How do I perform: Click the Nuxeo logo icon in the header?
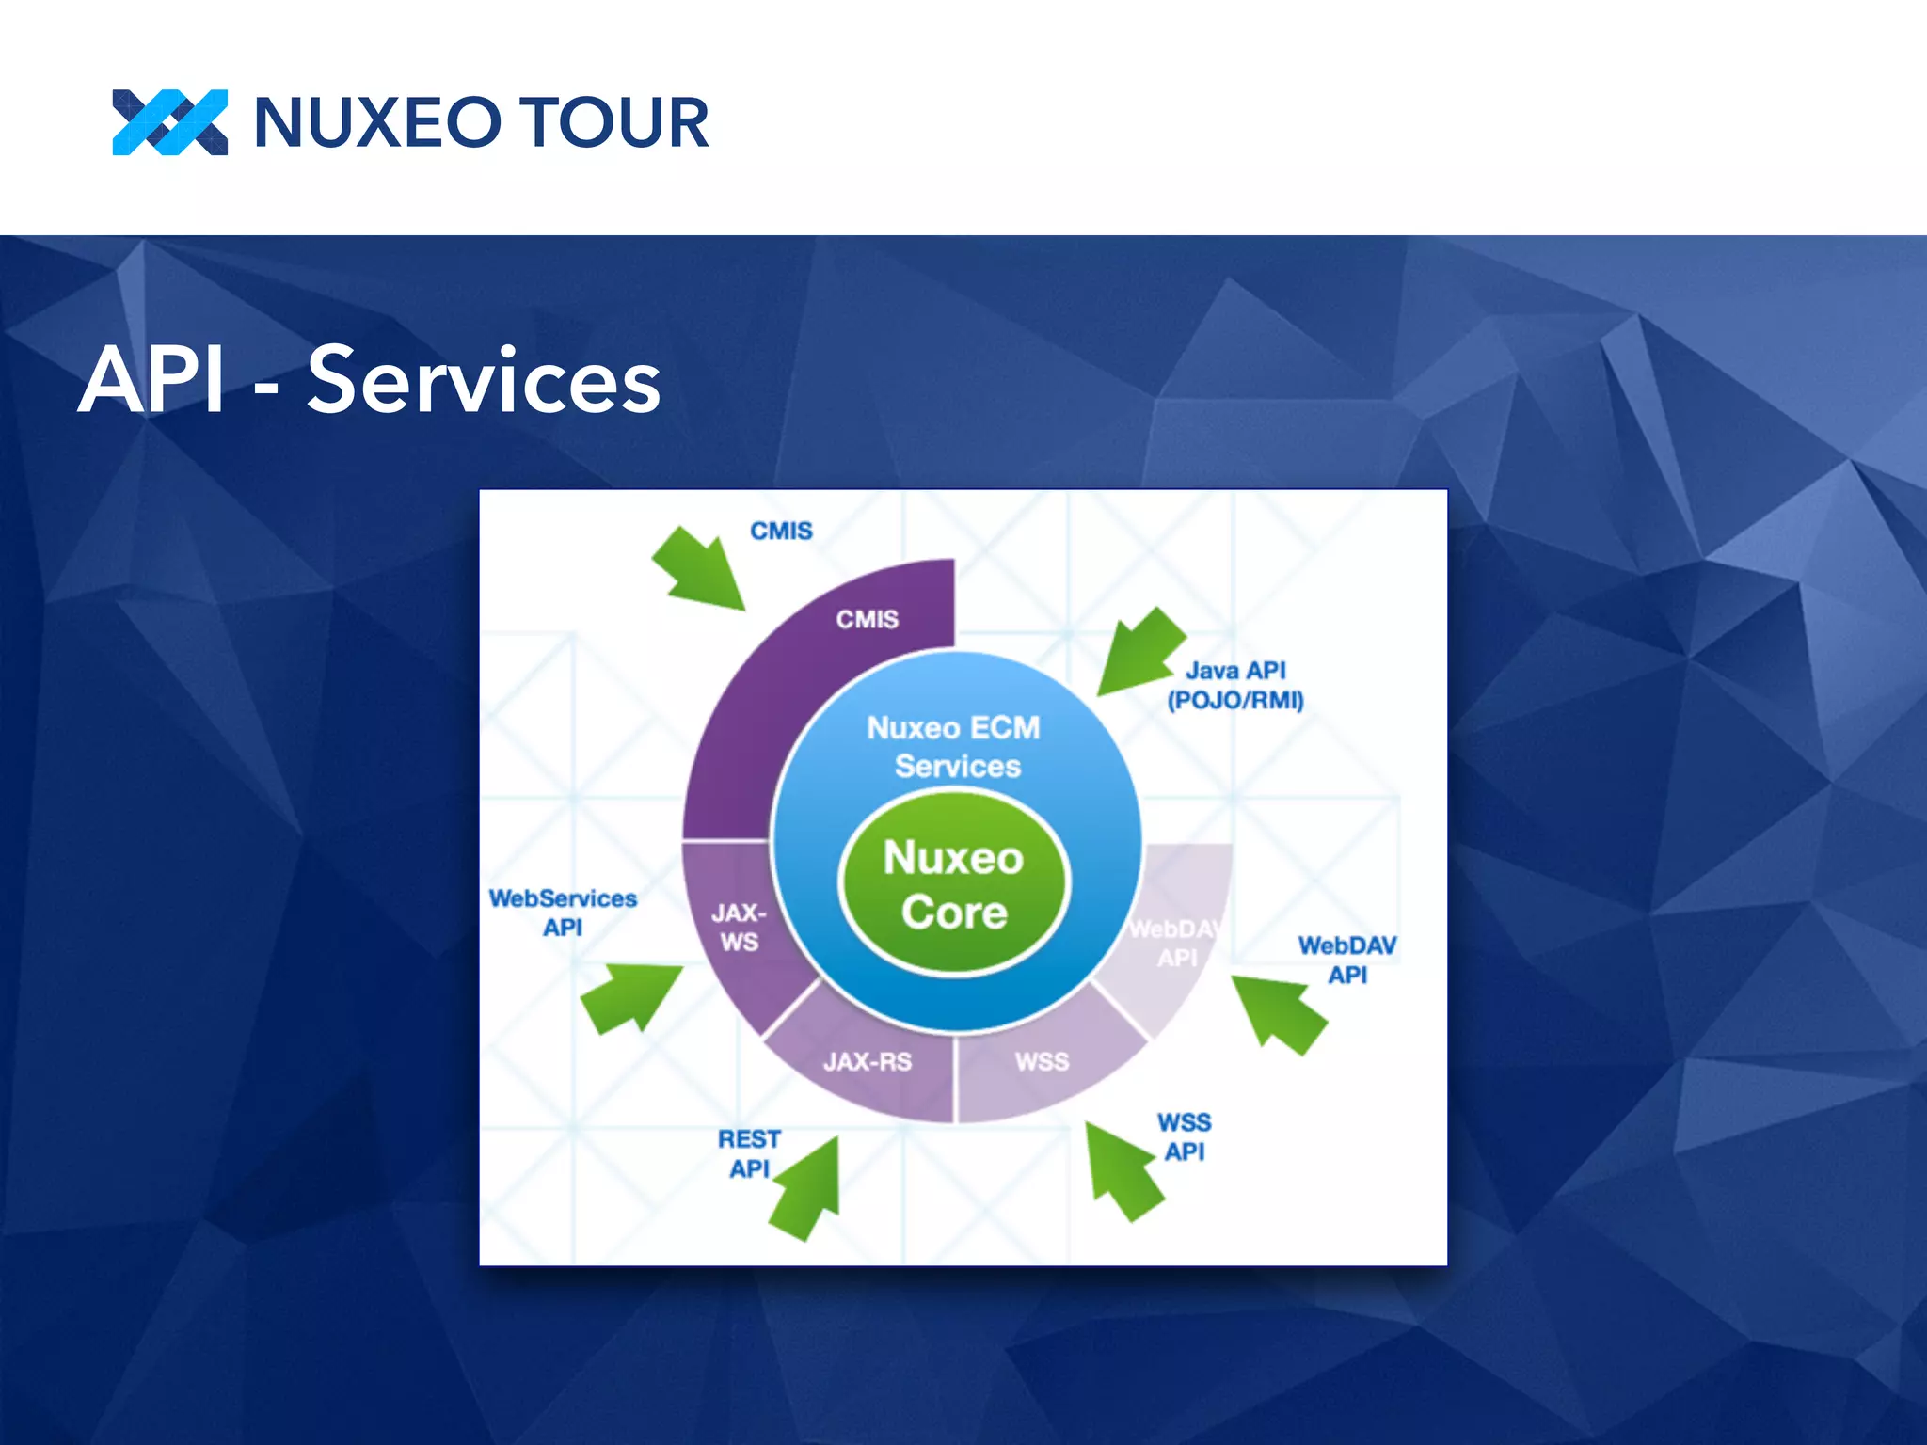click(x=169, y=122)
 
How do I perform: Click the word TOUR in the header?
click(x=613, y=123)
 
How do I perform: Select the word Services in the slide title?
click(x=484, y=380)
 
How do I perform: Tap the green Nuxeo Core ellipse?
click(x=954, y=884)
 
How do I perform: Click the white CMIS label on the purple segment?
click(x=867, y=619)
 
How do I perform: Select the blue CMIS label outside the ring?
click(x=781, y=532)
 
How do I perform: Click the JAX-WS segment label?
click(x=739, y=927)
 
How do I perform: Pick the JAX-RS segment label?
click(x=867, y=1062)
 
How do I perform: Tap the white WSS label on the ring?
click(x=1042, y=1062)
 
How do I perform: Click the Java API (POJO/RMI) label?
click(x=1235, y=685)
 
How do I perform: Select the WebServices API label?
click(x=563, y=913)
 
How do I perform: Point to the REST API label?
click(x=749, y=1153)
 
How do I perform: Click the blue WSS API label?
click(x=1184, y=1136)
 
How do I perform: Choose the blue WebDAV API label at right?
click(x=1347, y=960)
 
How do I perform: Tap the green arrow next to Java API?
click(x=1139, y=652)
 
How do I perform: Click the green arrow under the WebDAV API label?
click(x=1279, y=1014)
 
